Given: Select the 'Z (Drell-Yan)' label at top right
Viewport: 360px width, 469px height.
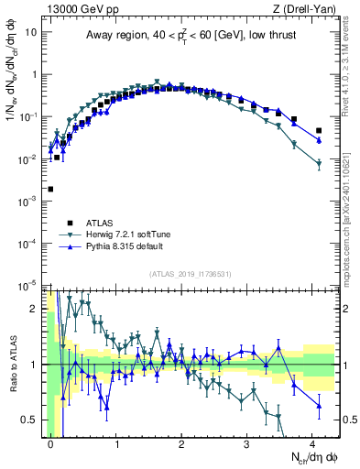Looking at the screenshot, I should click(x=306, y=8).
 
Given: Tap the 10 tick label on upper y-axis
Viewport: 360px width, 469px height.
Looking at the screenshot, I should click(x=31, y=31).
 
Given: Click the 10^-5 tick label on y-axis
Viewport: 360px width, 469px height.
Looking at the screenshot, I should click(x=29, y=285).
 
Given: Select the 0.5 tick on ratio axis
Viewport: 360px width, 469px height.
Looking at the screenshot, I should click(x=30, y=420).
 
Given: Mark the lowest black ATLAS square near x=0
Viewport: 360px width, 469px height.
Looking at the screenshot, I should click(x=50, y=189).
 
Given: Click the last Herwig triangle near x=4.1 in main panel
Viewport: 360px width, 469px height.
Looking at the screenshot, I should click(x=319, y=164).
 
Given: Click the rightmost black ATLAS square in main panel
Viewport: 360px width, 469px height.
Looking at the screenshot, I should click(x=319, y=131).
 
